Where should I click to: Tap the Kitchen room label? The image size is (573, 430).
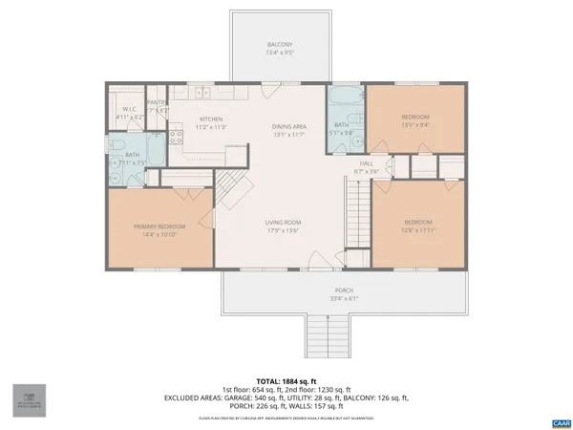click(210, 119)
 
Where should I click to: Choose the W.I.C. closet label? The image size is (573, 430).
click(129, 109)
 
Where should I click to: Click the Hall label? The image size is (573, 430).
click(366, 163)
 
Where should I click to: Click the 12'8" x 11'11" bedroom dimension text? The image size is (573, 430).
click(418, 229)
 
